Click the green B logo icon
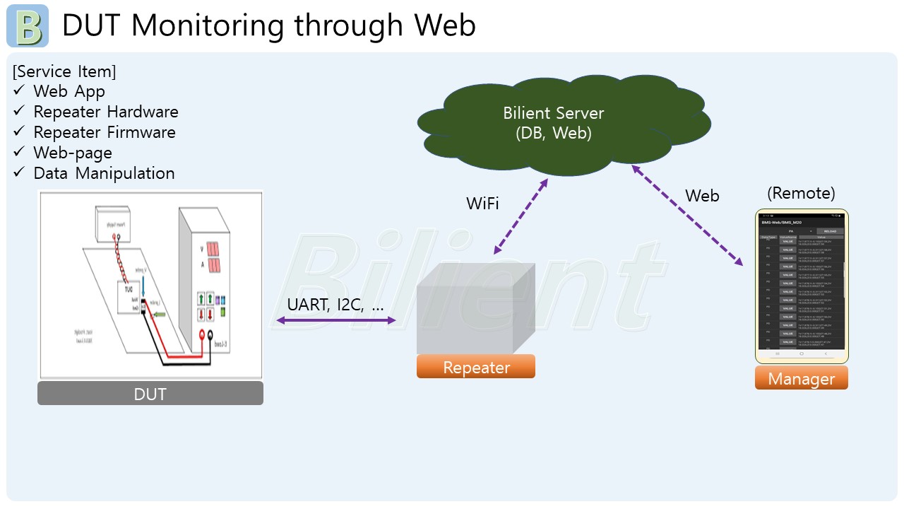(x=28, y=26)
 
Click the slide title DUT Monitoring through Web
(x=268, y=25)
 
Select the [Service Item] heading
(x=64, y=71)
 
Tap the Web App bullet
(x=69, y=91)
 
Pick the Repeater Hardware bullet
(x=105, y=112)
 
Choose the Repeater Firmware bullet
(x=104, y=132)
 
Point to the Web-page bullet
(x=72, y=153)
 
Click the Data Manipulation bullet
(x=103, y=173)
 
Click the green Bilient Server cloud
(x=554, y=124)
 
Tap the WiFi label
(x=482, y=204)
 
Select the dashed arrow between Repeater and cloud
(x=521, y=216)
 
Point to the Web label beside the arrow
(x=702, y=196)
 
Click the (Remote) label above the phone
(x=801, y=193)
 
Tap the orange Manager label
(x=801, y=379)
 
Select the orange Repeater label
(x=476, y=367)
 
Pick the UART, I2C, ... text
(x=335, y=305)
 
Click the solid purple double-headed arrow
(x=335, y=321)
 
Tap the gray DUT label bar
(x=150, y=394)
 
